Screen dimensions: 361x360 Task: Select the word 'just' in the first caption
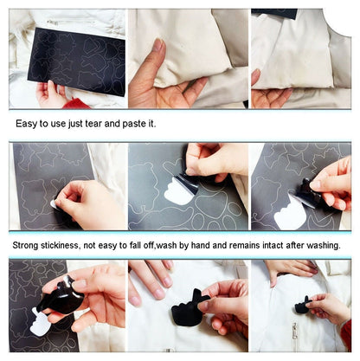click(88, 124)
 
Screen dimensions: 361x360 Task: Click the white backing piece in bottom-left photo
click(40, 325)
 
